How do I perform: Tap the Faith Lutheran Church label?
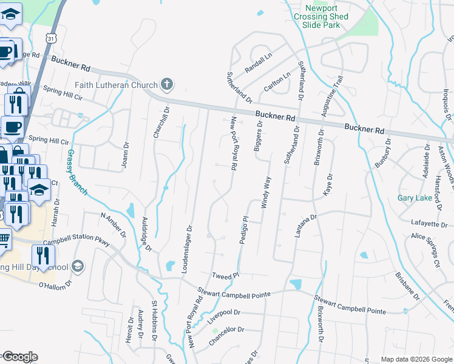tap(116, 84)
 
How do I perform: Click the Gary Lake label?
tap(414, 198)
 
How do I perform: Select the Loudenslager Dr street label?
tap(187, 250)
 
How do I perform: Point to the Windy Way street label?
tap(265, 193)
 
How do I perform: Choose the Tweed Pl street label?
tap(226, 276)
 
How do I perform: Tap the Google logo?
tap(19, 357)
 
